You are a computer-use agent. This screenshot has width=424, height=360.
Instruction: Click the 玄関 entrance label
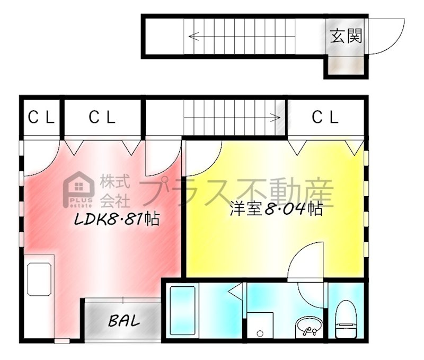point(346,36)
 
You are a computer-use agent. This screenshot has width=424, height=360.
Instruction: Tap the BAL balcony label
point(124,321)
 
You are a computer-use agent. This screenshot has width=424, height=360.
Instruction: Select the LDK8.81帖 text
point(117,219)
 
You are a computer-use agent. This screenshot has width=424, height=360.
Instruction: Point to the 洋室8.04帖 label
point(276,208)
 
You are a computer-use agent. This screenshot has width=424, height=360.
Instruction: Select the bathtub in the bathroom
point(182,311)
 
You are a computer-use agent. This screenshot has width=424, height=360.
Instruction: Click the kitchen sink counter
point(39,279)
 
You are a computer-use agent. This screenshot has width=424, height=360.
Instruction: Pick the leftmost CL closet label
point(41,117)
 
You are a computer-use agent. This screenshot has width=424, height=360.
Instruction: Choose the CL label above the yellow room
point(325,117)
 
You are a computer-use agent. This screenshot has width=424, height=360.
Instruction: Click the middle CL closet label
point(102,117)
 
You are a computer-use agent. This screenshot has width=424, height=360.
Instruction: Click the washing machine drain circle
point(260,333)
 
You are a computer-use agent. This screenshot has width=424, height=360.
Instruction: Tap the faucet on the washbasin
point(310,330)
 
